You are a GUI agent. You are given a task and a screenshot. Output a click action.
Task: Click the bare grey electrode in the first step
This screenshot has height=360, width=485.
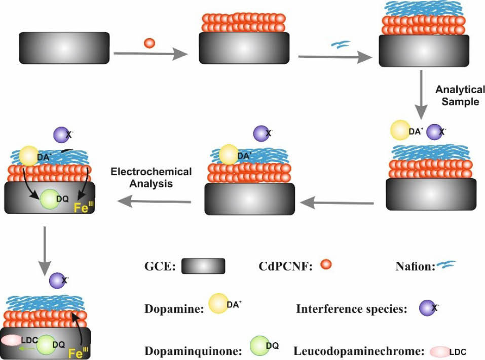point(64,48)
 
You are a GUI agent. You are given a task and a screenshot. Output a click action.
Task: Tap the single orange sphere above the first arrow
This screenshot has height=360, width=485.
point(149,43)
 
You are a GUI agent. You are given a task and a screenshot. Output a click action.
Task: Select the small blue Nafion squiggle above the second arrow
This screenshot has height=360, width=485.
point(338,44)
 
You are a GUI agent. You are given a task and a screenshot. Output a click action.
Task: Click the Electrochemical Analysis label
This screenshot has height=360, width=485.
point(151,178)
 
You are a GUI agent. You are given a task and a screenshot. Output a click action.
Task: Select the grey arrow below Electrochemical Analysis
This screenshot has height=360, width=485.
point(154,203)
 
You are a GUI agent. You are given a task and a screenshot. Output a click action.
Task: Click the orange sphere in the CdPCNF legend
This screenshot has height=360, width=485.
point(326,264)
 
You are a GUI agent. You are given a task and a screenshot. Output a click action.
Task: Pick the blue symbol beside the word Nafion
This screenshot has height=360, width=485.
point(446,265)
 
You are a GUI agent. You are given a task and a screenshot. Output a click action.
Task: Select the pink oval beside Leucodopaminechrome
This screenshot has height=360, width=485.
point(439,351)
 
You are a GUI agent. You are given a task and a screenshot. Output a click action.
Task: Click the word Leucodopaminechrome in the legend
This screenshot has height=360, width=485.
point(358,350)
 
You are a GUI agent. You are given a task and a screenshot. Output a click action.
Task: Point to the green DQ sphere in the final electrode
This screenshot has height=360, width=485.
point(47,345)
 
